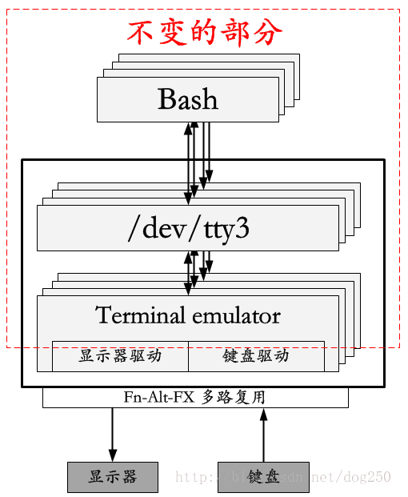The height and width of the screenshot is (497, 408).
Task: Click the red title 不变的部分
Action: tap(204, 32)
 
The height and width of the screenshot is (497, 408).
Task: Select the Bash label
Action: tap(188, 99)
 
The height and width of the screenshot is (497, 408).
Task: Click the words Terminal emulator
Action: tap(188, 315)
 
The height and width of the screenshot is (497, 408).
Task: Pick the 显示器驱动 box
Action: tap(120, 356)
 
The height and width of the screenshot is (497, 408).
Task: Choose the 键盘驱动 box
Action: tap(256, 356)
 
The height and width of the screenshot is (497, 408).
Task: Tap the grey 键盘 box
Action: tap(263, 477)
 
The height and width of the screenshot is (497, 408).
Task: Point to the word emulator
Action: tap(235, 315)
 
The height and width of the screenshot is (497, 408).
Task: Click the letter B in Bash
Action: tap(167, 99)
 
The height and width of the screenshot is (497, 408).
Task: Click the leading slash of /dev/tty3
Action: tap(133, 229)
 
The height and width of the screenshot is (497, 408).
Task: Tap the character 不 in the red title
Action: tap(141, 32)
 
